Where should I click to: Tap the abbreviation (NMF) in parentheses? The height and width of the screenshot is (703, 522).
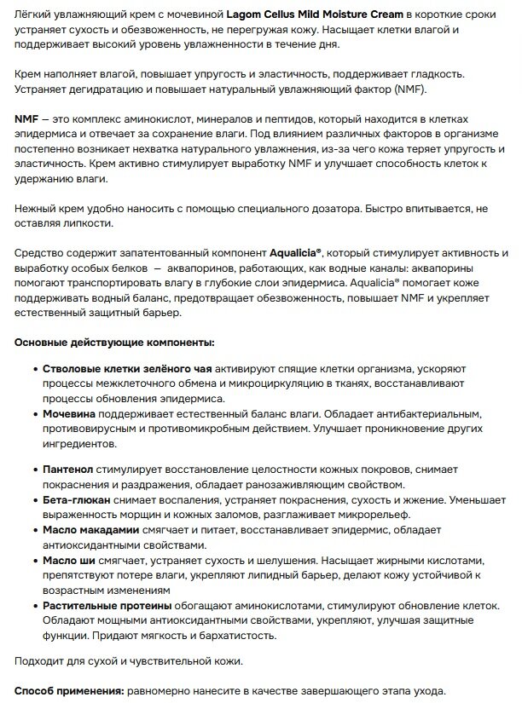[x=410, y=89]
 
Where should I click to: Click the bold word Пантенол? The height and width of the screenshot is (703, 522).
[x=69, y=470]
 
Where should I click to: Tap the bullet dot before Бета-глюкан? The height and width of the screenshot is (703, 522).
[x=34, y=499]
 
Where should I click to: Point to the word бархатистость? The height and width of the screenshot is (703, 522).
[x=236, y=636]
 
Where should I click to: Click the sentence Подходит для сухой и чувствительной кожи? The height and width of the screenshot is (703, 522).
[x=128, y=660]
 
